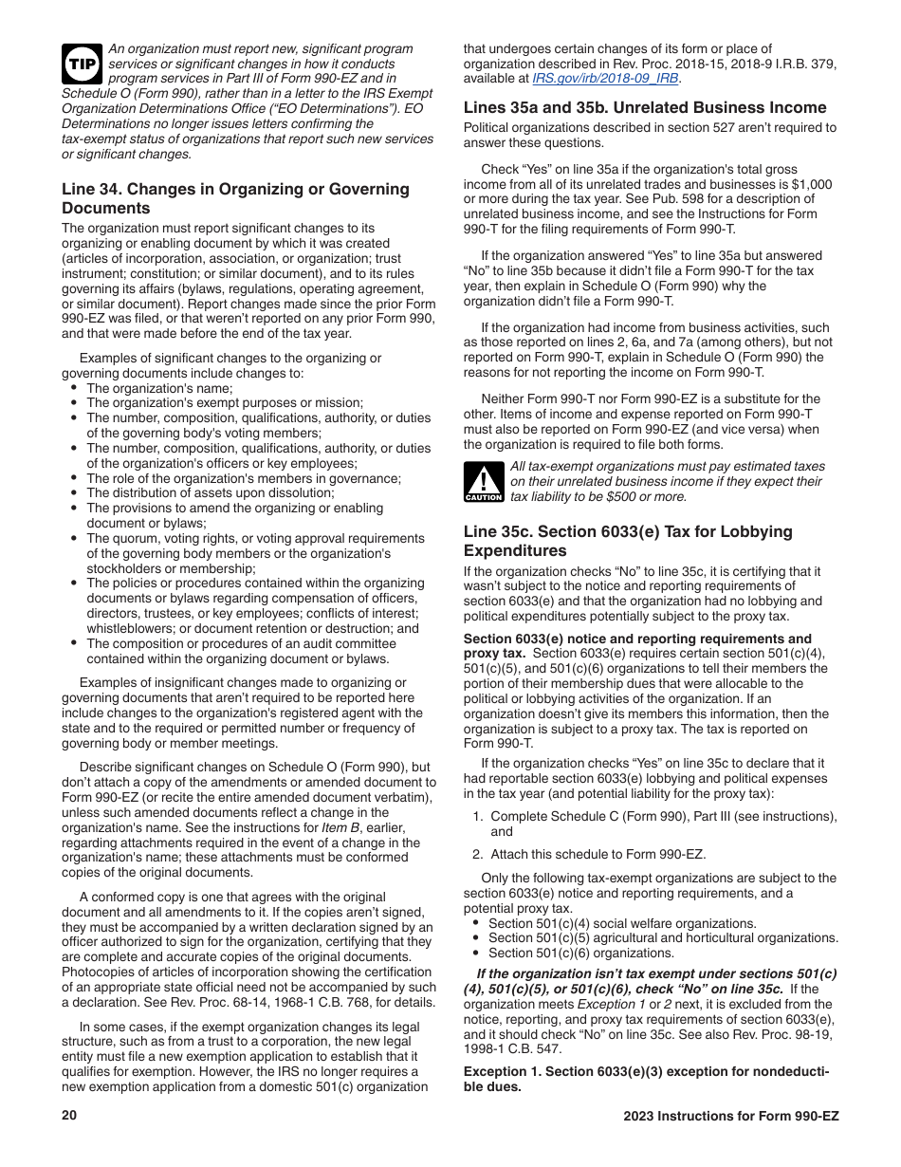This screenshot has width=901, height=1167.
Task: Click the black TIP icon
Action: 83,64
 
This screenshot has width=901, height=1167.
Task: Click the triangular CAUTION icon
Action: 484,482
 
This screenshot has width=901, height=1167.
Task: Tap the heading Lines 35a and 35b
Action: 645,107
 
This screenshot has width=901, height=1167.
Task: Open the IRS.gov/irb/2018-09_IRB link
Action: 605,79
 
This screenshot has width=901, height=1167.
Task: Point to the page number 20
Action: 69,1116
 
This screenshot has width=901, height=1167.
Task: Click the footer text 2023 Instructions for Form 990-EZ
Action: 730,1116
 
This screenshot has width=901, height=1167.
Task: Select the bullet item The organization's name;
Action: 159,388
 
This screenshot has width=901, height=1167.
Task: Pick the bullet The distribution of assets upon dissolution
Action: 210,493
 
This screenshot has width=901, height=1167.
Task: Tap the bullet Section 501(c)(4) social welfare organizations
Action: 622,923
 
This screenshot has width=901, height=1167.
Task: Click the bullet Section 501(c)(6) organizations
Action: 580,954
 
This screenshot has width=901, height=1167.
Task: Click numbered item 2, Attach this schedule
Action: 598,854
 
